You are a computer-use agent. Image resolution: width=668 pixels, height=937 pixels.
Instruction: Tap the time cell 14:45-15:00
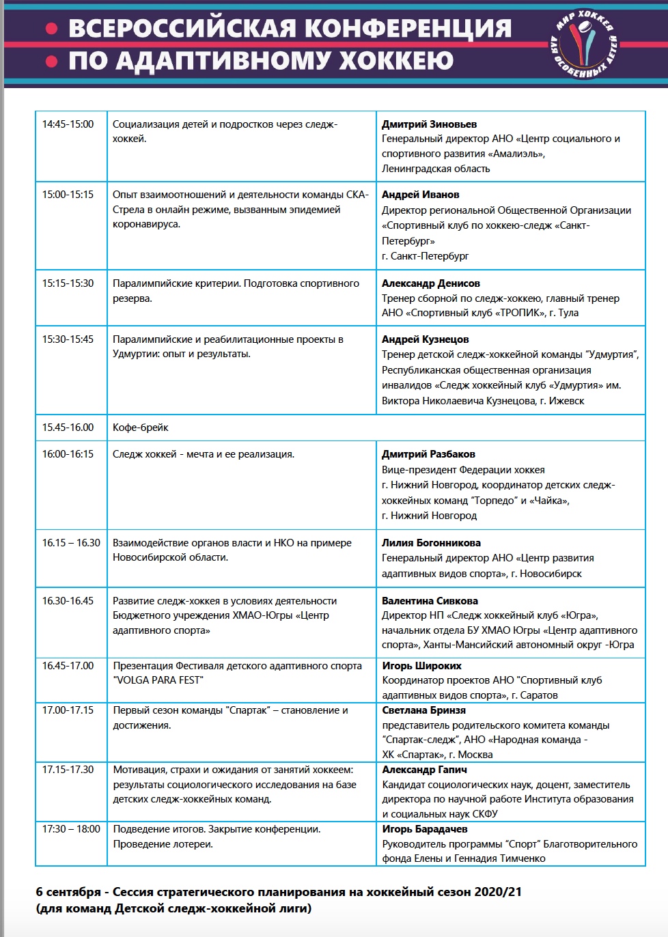68,124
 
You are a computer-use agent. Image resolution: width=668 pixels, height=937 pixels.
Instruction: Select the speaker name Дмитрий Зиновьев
429,124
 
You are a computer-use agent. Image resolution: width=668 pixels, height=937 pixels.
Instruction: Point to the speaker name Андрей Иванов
420,195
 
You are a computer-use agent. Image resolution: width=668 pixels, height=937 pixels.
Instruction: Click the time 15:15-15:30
68,283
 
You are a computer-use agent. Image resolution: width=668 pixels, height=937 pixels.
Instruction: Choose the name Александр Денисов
431,283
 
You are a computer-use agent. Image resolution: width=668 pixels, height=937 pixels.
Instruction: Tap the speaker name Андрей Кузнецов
425,339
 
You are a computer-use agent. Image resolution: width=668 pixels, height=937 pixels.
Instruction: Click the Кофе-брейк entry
140,428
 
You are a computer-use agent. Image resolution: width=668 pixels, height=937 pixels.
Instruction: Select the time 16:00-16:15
68,454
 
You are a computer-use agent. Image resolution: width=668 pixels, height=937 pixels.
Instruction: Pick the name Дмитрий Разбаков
428,454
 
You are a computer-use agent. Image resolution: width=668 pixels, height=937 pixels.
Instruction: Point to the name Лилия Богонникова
431,543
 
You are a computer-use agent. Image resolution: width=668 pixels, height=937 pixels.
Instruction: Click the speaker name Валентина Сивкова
430,601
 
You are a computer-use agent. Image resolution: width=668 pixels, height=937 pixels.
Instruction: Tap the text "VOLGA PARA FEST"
158,680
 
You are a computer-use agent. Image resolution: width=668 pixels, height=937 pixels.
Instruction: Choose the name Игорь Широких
421,666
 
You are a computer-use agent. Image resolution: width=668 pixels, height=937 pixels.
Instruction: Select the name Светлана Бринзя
423,710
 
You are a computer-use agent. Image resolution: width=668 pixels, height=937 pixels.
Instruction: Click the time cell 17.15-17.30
68,770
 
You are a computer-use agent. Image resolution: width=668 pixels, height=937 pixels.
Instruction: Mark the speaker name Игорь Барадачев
425,829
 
